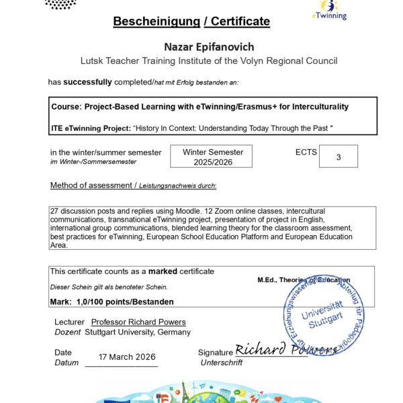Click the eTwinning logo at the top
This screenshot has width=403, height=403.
click(330, 9)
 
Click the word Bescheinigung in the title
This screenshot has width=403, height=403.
click(155, 21)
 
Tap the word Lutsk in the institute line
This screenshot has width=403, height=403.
click(93, 60)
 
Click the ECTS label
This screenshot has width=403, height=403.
click(306, 152)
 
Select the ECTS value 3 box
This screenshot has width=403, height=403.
click(338, 157)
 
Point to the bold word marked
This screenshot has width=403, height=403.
click(163, 271)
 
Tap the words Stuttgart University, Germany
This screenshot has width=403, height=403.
click(138, 332)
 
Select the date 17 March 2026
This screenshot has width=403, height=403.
click(122, 357)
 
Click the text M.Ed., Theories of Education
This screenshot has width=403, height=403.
click(304, 279)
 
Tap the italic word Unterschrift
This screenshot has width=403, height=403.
click(221, 363)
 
